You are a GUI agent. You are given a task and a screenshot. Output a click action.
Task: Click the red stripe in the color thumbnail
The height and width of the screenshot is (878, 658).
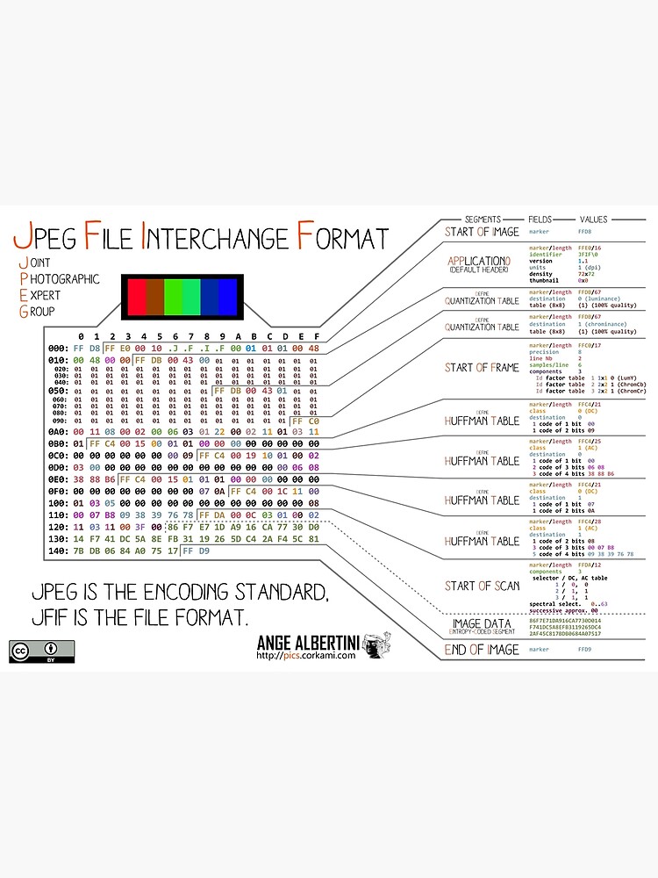point(136,297)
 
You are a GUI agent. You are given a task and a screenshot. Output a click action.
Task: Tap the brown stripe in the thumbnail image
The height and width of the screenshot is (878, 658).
point(154,297)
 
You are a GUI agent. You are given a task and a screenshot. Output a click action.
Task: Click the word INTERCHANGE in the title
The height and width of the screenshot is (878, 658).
point(216,238)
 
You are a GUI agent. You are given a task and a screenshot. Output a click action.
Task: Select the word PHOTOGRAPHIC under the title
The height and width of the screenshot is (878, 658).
point(66,279)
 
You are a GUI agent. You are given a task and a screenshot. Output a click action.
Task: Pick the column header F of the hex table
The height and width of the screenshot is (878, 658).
point(315,336)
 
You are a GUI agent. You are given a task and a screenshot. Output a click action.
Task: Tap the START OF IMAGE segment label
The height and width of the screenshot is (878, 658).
point(482,232)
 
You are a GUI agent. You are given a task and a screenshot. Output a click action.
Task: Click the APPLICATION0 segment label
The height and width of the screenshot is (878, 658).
point(478,262)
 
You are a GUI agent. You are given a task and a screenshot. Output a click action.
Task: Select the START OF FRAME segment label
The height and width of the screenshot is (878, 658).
point(482,367)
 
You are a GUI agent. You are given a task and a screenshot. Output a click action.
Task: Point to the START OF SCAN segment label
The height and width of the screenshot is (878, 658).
point(482,586)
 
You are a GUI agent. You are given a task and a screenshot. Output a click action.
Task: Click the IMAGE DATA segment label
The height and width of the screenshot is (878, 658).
point(480,624)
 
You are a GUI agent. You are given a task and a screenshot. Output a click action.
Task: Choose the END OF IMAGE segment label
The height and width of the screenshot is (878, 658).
point(482,650)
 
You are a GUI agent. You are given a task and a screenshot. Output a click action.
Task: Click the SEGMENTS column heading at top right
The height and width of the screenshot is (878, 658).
point(483,219)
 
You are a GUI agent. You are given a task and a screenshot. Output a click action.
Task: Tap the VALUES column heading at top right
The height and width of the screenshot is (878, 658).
point(593,219)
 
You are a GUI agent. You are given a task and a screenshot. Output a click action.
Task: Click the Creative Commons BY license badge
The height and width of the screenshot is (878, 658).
point(42,651)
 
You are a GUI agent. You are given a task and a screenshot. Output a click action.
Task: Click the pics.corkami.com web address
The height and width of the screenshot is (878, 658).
point(306,654)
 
